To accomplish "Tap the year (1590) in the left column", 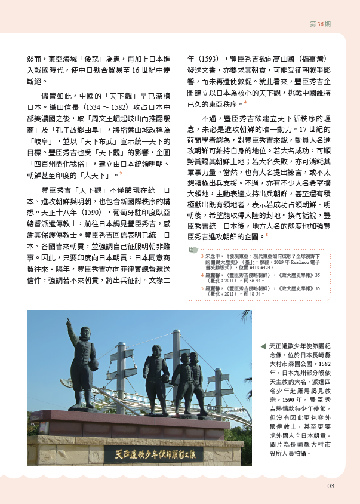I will (94, 212).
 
